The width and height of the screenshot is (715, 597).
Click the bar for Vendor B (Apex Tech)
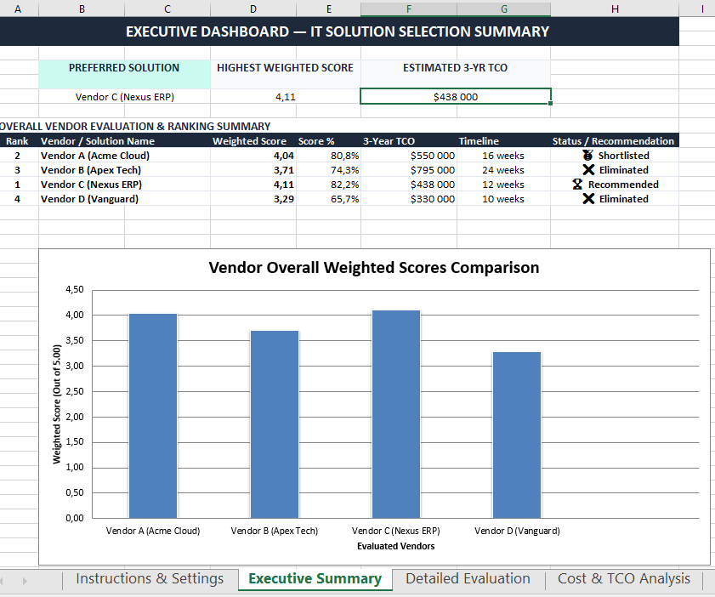tap(275, 424)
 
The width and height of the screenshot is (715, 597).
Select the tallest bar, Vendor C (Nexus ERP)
tap(396, 414)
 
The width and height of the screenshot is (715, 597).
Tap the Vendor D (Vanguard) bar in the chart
tap(517, 435)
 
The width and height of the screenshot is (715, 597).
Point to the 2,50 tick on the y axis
tap(75, 391)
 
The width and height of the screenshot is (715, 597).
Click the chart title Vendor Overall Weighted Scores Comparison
tap(374, 267)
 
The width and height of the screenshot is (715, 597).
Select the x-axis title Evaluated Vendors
tap(396, 546)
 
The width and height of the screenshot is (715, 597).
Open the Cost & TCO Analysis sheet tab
tap(623, 578)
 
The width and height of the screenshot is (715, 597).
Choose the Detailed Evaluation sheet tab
tap(468, 578)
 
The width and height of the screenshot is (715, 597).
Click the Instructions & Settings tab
tap(150, 578)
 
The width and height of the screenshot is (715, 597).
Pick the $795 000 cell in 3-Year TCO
tap(432, 170)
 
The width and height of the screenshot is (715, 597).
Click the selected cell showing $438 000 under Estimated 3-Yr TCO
tap(456, 97)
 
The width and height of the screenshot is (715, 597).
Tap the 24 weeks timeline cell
tap(503, 170)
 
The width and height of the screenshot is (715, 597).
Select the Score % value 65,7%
tap(344, 199)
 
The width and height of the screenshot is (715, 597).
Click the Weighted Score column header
tap(249, 141)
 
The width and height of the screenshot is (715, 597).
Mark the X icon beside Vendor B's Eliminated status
tap(588, 169)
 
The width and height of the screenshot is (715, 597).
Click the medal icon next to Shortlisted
tap(587, 155)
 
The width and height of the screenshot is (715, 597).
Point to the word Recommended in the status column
tap(623, 185)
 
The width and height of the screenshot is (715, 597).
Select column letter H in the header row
tap(615, 9)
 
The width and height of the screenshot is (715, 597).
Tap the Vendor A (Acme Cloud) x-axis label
tap(153, 531)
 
